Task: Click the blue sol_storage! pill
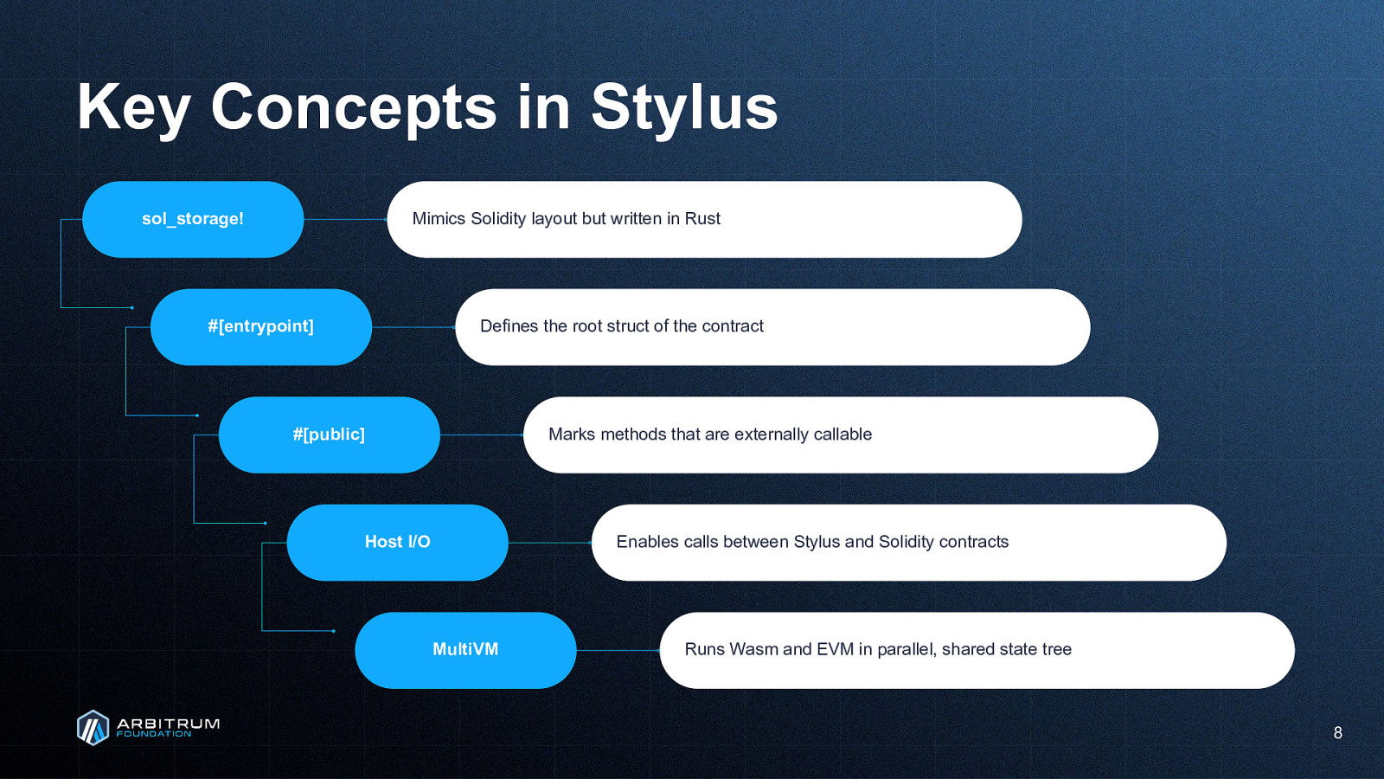pyautogui.click(x=193, y=220)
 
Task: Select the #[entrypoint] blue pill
pyautogui.click(x=260, y=327)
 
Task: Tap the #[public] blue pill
pyautogui.click(x=330, y=435)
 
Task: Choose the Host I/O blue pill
pyautogui.click(x=397, y=542)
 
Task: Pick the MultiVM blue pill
pyautogui.click(x=465, y=650)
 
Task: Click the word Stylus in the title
pyautogui.click(x=684, y=109)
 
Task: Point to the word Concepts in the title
pyautogui.click(x=354, y=109)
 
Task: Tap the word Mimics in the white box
pyautogui.click(x=439, y=219)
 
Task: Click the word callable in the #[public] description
pyautogui.click(x=843, y=434)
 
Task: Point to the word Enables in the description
pyautogui.click(x=644, y=542)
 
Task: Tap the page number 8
pyautogui.click(x=1337, y=732)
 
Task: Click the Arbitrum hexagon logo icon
pyautogui.click(x=93, y=728)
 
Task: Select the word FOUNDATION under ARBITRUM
pyautogui.click(x=154, y=735)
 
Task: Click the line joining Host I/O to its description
pyautogui.click(x=550, y=543)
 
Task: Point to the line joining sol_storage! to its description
pyautogui.click(x=345, y=220)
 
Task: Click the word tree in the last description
pyautogui.click(x=1056, y=649)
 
